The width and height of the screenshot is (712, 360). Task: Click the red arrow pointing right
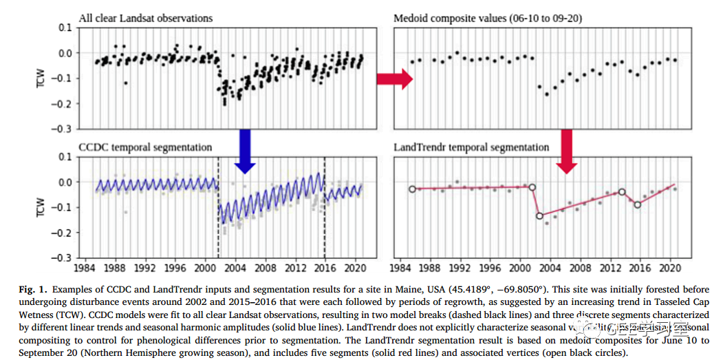(393, 79)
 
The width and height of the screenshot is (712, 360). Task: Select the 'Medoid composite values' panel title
(488, 18)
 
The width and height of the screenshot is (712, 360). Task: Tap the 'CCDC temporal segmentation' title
(145, 147)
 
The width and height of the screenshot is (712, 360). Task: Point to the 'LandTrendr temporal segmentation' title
(471, 147)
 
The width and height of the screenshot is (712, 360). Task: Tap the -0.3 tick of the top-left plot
(64, 129)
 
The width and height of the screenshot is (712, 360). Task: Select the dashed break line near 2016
(325, 207)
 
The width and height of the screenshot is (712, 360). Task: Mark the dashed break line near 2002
(219, 207)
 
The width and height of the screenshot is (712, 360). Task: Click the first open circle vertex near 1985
(412, 189)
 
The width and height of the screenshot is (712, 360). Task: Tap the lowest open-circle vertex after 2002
(540, 215)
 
